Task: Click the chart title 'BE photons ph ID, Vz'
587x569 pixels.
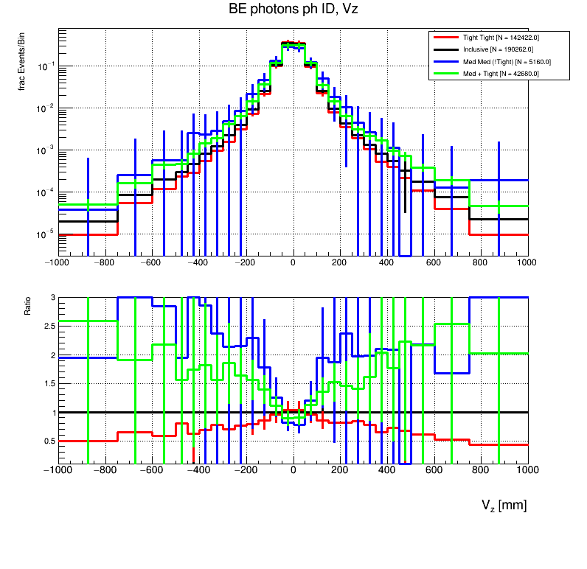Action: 293,9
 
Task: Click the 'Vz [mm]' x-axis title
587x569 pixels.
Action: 504,506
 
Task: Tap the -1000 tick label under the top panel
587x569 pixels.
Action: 58,262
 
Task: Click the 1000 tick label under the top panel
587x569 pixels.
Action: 527,262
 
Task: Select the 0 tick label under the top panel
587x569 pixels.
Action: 293,262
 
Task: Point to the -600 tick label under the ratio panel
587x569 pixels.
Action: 152,469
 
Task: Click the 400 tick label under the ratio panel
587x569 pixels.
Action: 387,469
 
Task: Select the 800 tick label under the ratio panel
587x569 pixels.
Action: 481,469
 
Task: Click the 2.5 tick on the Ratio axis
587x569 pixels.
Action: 49,326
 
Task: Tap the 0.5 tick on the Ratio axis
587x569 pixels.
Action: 49,441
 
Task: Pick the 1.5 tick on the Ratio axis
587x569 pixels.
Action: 49,383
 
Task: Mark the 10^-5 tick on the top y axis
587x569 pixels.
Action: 46,234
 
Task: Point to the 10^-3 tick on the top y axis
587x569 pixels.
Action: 46,150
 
